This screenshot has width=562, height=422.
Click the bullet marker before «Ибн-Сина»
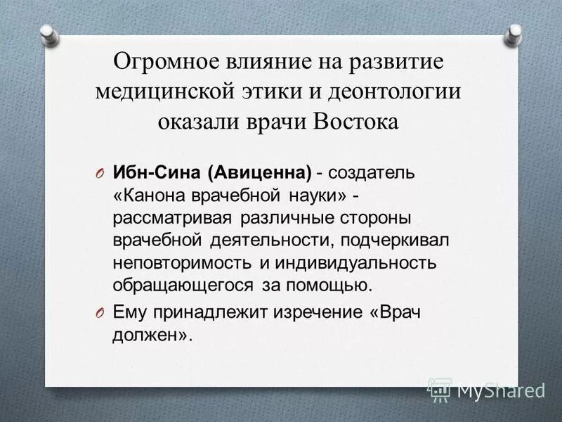[99, 174]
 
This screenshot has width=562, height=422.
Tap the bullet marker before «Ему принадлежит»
[99, 313]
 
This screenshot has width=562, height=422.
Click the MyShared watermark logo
[488, 389]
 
